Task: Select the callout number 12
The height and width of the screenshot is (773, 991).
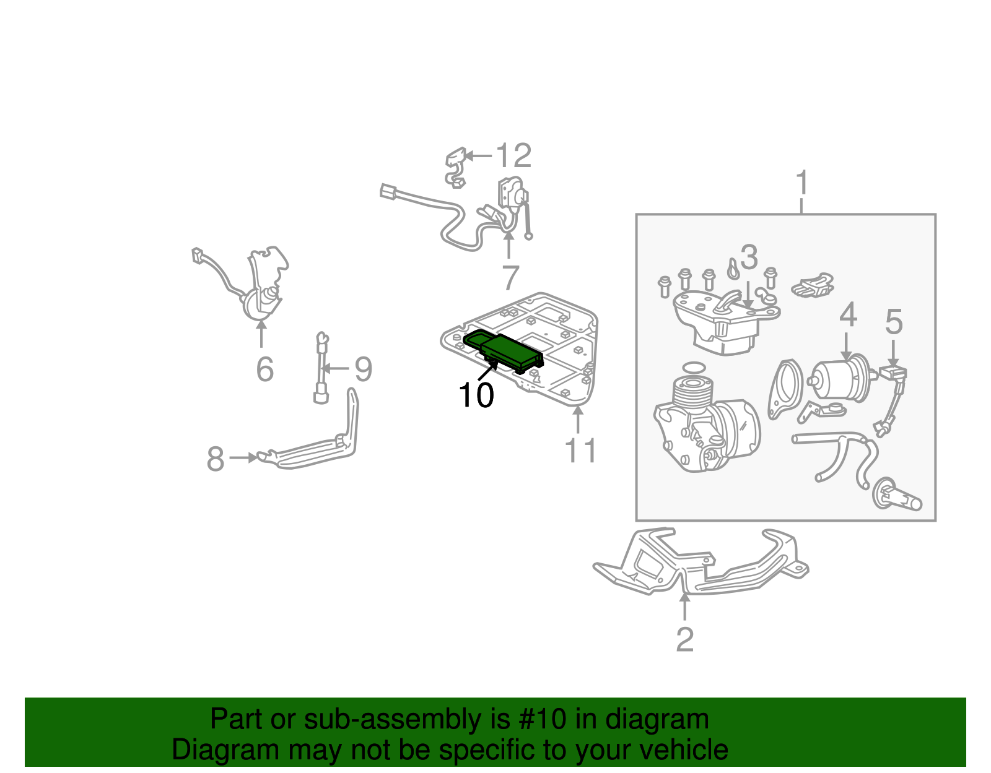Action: (x=513, y=156)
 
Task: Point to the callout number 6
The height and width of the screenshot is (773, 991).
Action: (x=265, y=369)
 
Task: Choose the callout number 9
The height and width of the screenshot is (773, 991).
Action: (x=364, y=369)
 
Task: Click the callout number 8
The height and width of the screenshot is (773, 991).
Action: (x=216, y=459)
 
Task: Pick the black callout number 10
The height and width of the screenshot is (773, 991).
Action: (x=476, y=394)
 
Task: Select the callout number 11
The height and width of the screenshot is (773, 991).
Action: (x=580, y=451)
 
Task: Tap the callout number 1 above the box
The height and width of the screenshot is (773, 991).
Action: (x=802, y=183)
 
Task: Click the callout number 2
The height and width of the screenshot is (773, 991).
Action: (x=685, y=640)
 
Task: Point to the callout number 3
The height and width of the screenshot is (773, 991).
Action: (x=749, y=256)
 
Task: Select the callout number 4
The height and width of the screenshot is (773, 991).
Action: (x=848, y=315)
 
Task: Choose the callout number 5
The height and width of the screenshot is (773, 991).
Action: (x=894, y=322)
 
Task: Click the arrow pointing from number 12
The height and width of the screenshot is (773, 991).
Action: (x=478, y=156)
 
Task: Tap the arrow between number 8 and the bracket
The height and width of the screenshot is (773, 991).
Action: (x=243, y=457)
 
